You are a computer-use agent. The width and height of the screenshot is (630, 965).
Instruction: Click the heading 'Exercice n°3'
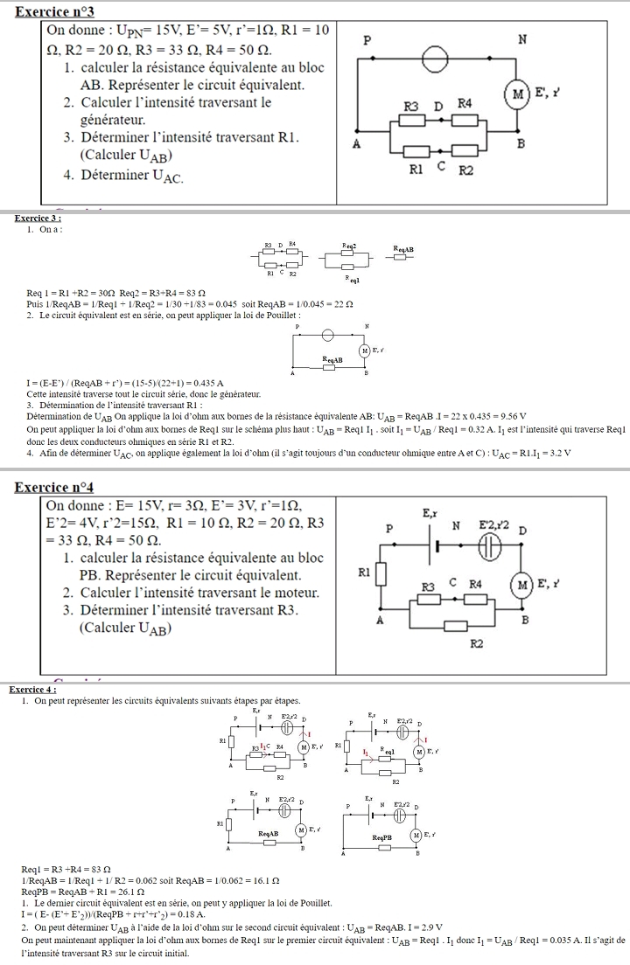pos(54,11)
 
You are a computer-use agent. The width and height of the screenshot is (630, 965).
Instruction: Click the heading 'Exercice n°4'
pos(54,487)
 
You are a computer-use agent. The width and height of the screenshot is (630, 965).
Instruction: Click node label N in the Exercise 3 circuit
pos(521,38)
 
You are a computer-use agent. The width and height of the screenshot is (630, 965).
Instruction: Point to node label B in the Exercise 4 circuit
pos(526,619)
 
